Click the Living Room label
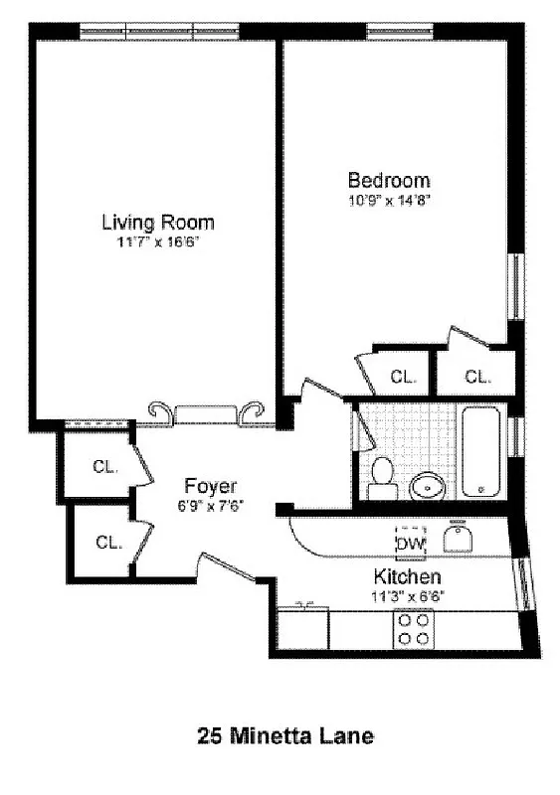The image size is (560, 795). [158, 222]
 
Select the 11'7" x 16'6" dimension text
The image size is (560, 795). [158, 240]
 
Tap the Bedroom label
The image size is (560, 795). [389, 180]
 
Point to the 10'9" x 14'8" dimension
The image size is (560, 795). [388, 199]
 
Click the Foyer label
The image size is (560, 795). [211, 486]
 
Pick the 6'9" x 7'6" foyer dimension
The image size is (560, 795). [211, 505]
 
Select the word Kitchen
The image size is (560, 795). [407, 577]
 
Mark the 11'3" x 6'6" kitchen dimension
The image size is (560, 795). [408, 596]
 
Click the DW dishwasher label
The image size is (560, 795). [410, 543]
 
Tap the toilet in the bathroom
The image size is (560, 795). [381, 477]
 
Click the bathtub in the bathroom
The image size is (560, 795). [483, 451]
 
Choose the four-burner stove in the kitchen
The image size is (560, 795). [414, 628]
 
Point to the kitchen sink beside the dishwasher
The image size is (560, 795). [457, 539]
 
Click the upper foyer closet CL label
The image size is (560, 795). [105, 466]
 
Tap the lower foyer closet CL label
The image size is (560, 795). [108, 542]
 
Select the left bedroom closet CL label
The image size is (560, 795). [403, 377]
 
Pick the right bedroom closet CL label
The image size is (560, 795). [478, 377]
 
